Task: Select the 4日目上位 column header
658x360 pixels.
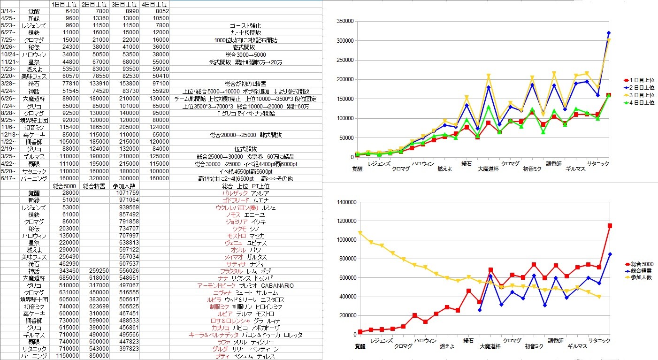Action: click(154, 4)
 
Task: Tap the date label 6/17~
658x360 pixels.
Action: click(9, 178)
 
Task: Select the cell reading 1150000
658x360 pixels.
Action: click(65, 356)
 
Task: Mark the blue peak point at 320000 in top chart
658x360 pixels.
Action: click(609, 33)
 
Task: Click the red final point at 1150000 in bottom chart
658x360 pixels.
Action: click(610, 226)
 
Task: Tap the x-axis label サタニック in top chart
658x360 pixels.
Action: click(599, 163)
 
